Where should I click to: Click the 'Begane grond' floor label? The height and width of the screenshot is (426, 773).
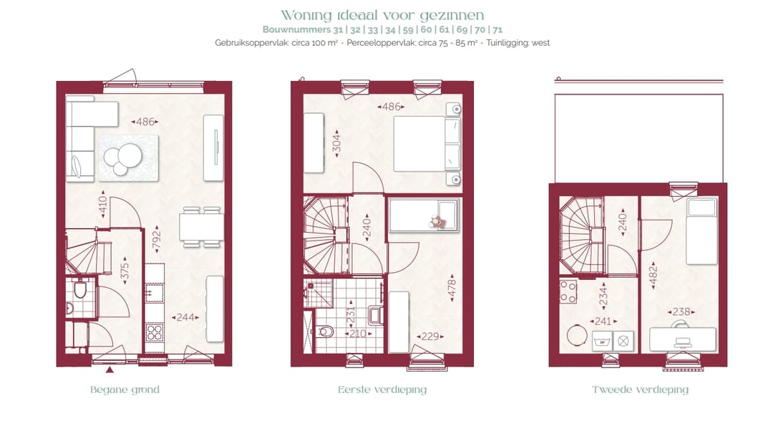pyautogui.click(x=125, y=390)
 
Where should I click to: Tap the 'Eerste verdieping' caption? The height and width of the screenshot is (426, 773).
pyautogui.click(x=382, y=390)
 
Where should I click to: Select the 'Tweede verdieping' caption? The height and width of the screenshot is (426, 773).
pyautogui.click(x=640, y=390)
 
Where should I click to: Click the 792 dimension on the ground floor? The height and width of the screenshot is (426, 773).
pyautogui.click(x=156, y=240)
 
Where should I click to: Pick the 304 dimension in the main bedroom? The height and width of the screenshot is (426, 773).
pyautogui.click(x=336, y=144)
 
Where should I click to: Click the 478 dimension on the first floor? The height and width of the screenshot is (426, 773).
pyautogui.click(x=452, y=289)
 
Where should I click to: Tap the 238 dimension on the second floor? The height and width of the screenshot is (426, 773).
pyautogui.click(x=681, y=311)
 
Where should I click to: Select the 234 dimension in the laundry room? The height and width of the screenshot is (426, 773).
pyautogui.click(x=603, y=297)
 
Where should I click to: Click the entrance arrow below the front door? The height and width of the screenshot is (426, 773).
pyautogui.click(x=110, y=369)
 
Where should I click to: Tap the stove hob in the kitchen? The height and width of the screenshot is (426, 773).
pyautogui.click(x=155, y=332)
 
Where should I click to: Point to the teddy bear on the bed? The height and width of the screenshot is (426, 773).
pyautogui.click(x=437, y=223)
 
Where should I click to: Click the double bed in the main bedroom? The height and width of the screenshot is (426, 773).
pyautogui.click(x=427, y=144)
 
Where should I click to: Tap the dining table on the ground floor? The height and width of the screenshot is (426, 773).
pyautogui.click(x=201, y=227)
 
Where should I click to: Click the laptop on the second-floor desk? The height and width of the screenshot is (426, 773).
pyautogui.click(x=682, y=343)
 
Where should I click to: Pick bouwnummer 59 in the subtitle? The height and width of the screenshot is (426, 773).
pyautogui.click(x=408, y=29)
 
